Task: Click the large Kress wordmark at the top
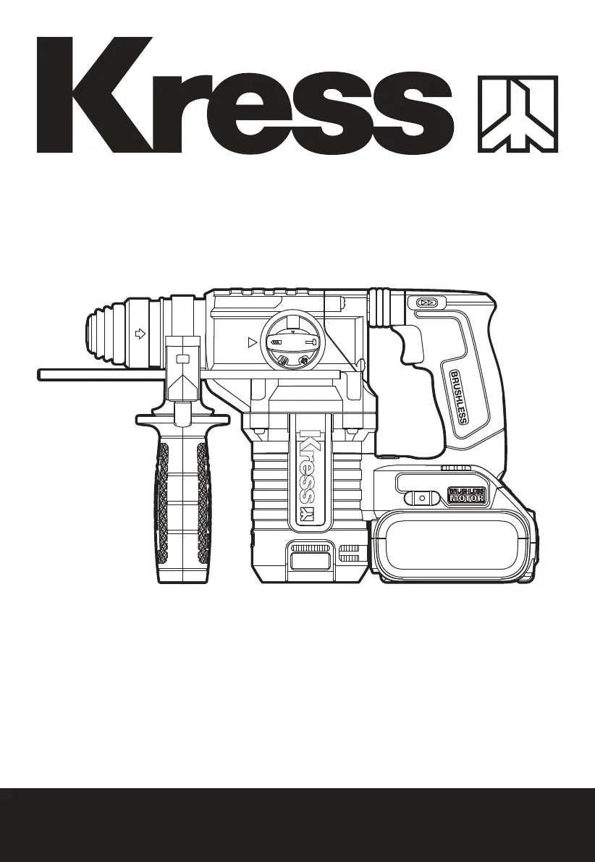tap(245, 95)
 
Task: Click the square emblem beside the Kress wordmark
tap(518, 114)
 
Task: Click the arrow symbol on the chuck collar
tap(140, 333)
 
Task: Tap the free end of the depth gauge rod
tap(40, 374)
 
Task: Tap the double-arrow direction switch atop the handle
tap(426, 303)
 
